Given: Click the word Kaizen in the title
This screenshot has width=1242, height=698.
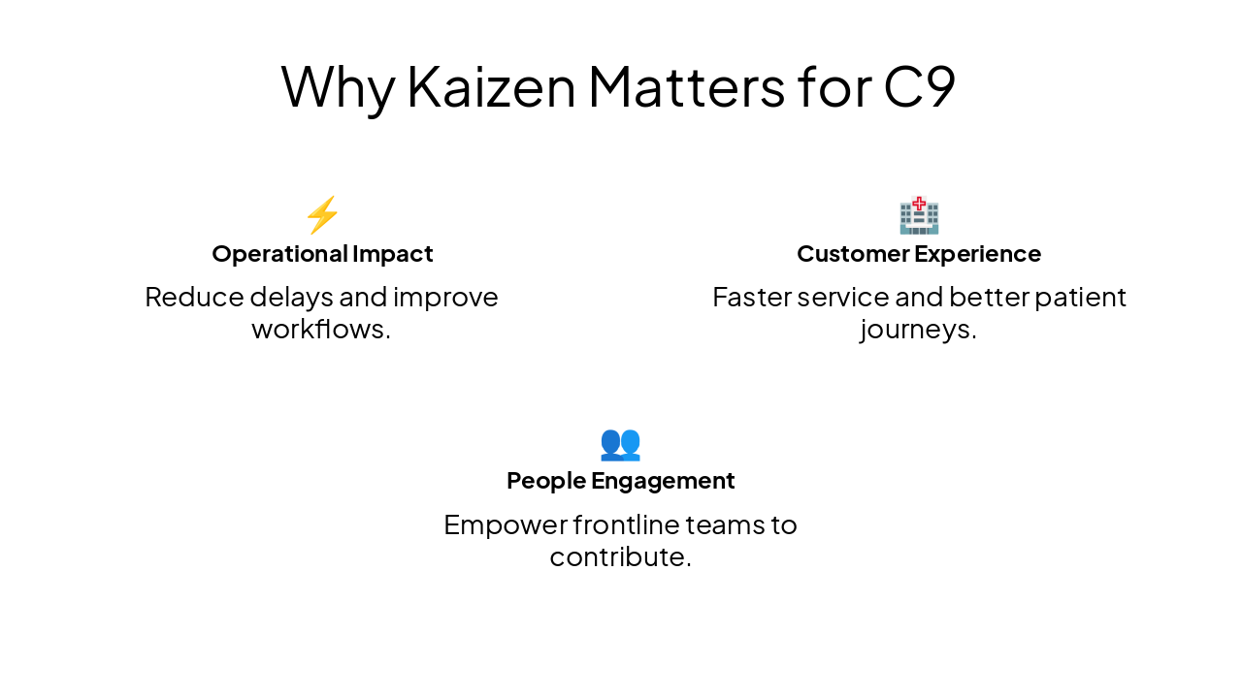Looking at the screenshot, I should coord(492,85).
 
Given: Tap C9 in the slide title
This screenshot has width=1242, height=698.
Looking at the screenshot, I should coord(919,85).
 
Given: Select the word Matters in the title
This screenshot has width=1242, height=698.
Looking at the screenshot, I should coord(686,85).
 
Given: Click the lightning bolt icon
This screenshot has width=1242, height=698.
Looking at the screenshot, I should coord(322,214).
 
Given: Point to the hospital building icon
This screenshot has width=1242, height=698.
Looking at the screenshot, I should coord(919,214).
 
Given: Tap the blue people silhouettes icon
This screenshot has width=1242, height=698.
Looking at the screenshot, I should coord(620,443).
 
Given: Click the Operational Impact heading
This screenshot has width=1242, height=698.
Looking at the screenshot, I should coord(322,254).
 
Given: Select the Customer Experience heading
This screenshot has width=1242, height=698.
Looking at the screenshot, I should coord(919,254).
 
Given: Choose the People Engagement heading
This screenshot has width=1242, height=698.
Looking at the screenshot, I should coord(620,481).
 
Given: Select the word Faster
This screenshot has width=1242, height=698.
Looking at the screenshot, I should coord(752,297).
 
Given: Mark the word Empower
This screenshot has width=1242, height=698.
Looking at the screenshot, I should coord(505,525).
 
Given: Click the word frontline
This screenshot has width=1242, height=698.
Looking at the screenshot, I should coord(625,524).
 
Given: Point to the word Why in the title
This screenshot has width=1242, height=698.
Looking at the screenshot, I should coord(337,85).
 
